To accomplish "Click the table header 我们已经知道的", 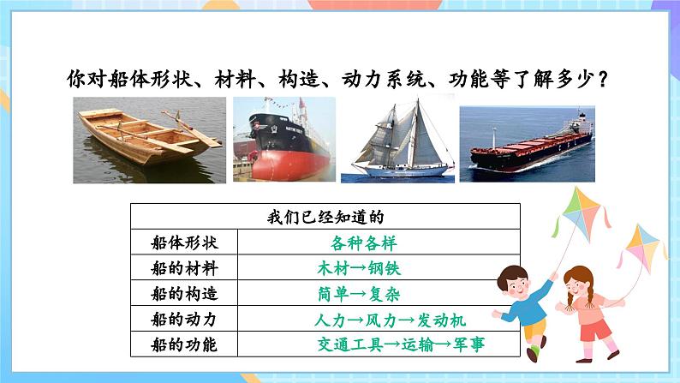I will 312,217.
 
